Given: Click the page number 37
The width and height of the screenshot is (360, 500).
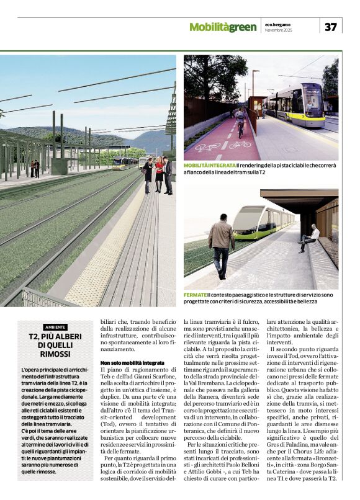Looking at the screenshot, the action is pos(330,27).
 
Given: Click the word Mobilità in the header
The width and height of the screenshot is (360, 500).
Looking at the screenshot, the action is pos(209,27).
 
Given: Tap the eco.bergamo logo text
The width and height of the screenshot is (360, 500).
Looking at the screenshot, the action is pos(276,24).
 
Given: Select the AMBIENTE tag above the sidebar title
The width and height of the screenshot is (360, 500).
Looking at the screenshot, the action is pos(56,327).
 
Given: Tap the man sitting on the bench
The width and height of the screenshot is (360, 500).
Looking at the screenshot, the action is pos(309,238).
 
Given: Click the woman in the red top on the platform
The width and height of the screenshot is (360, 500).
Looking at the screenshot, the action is pos(159,173).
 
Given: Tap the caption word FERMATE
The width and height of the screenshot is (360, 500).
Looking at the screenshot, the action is pos(196,294).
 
